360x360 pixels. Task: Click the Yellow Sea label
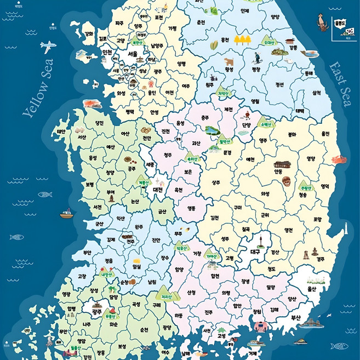39,88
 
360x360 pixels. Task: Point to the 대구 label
255,252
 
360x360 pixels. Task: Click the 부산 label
296,317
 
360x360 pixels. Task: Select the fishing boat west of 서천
66,213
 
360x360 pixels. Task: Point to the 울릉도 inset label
339,25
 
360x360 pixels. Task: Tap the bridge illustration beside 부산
311,324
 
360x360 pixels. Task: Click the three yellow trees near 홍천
241,39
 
